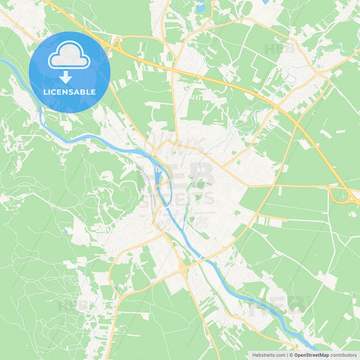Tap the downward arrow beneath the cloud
click(70, 77)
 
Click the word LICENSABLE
click(70, 91)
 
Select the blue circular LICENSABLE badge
click(70, 72)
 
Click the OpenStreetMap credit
click(311, 354)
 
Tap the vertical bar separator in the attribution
click(286, 354)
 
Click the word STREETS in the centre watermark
click(180, 198)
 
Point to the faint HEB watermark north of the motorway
click(276, 49)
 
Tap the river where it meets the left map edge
click(2, 61)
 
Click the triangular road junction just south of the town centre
click(183, 270)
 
